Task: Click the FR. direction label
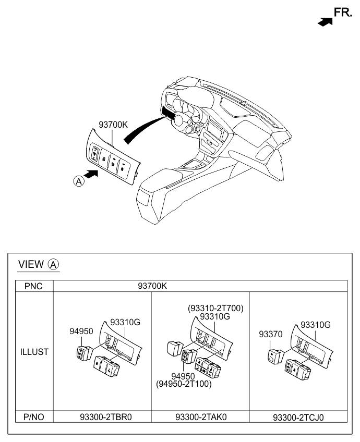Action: click(x=343, y=13)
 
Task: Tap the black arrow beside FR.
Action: click(x=325, y=22)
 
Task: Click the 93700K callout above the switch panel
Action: click(x=113, y=125)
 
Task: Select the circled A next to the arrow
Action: click(x=78, y=181)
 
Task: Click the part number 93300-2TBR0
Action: click(x=102, y=417)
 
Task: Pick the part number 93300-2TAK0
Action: click(x=200, y=417)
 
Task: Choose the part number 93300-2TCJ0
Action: click(x=302, y=418)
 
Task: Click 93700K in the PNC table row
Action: click(x=152, y=286)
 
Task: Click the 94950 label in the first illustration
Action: click(x=81, y=331)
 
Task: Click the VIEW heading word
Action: click(x=31, y=264)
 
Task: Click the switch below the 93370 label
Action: click(x=274, y=357)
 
